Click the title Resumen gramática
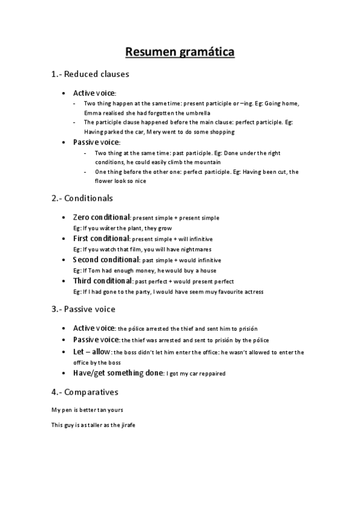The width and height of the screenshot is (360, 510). click(x=180, y=52)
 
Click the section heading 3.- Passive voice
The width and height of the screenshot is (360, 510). click(x=83, y=309)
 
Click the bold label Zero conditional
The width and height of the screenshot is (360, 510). click(x=102, y=217)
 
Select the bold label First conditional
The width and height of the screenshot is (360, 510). click(x=101, y=239)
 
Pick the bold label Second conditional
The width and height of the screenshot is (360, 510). click(x=106, y=260)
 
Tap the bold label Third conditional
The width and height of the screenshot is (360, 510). click(x=103, y=281)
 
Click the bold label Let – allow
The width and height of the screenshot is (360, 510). click(x=92, y=352)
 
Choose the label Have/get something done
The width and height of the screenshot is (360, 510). click(x=118, y=373)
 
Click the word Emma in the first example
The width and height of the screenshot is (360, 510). click(x=93, y=112)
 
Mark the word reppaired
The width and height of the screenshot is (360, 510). click(x=209, y=373)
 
